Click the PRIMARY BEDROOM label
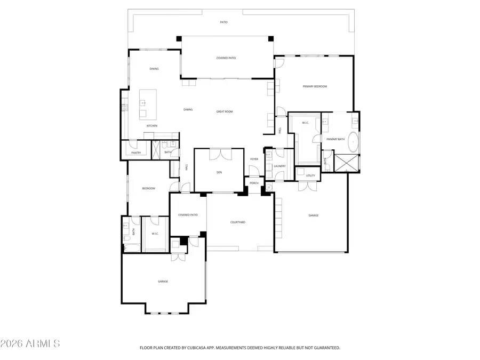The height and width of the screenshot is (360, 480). [x=315, y=86]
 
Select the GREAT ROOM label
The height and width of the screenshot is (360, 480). [x=224, y=111]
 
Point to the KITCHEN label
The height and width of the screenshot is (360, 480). [x=152, y=126]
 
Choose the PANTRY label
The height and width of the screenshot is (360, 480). [x=136, y=153]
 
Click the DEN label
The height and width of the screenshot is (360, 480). [x=219, y=172]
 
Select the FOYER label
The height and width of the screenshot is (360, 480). [x=254, y=159]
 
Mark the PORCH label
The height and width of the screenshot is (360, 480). [x=254, y=183]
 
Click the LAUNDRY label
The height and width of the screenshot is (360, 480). [x=279, y=166]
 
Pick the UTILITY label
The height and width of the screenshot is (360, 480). [x=310, y=175]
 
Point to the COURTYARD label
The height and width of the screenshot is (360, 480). [x=237, y=222]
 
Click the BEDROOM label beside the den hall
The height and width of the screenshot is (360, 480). [x=148, y=188]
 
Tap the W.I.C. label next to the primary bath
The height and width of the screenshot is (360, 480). [x=306, y=123]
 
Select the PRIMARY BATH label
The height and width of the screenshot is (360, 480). [x=336, y=139]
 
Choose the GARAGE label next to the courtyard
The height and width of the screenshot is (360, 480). [x=313, y=215]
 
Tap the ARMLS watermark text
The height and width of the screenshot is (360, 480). [x=30, y=343]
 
